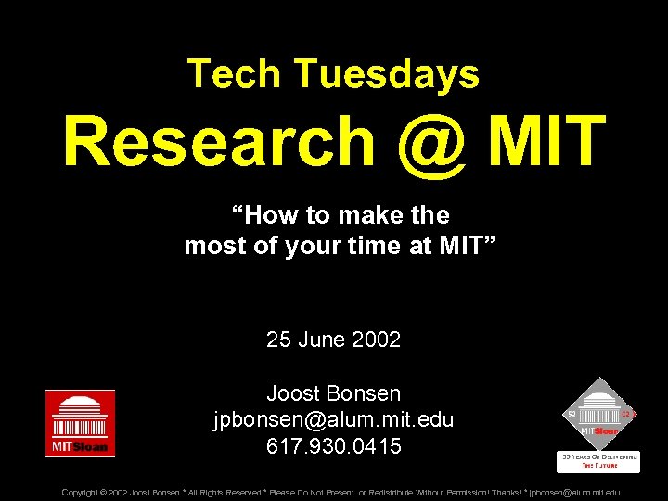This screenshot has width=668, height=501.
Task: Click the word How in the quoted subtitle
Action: (267, 215)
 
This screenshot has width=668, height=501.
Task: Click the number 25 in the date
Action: (278, 340)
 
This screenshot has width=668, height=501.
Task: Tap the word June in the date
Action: (322, 340)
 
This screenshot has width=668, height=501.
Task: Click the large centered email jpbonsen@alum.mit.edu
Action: (333, 419)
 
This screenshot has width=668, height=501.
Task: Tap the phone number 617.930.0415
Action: (333, 446)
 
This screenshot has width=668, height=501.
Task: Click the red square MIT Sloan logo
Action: (80, 423)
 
